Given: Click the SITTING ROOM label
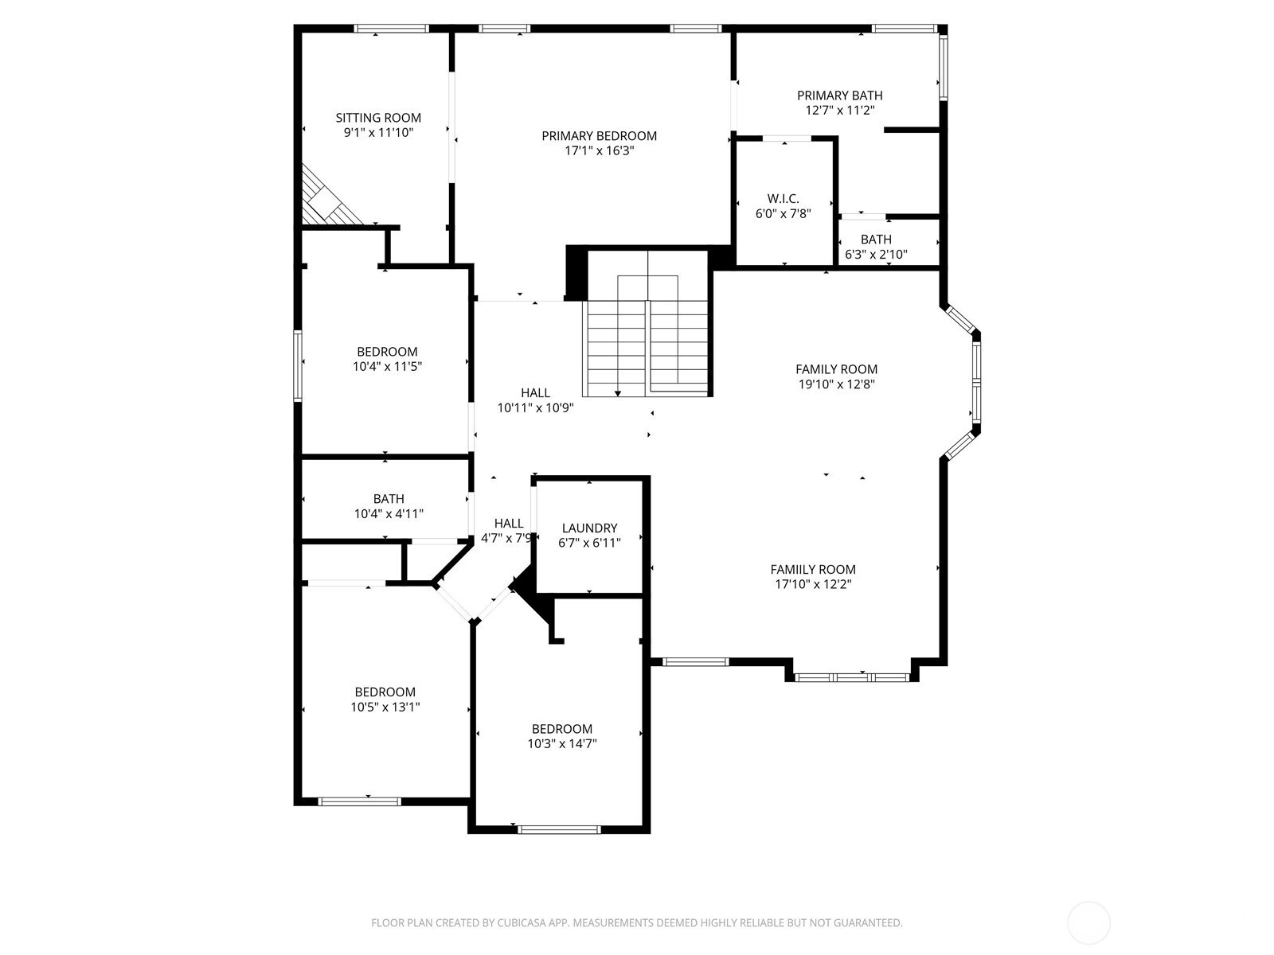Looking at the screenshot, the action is [378, 118].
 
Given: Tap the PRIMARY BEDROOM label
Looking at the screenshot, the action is [599, 136].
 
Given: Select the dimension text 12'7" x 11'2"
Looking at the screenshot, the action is [839, 110].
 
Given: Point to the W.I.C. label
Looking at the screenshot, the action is [783, 199].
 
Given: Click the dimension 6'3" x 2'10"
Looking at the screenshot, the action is [876, 254].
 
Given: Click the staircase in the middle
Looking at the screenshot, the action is [647, 324].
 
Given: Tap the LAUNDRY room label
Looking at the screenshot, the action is [589, 528].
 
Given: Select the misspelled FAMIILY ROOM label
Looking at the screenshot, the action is [813, 569].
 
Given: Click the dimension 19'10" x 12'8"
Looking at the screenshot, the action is [836, 384].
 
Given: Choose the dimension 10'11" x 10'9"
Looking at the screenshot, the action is [535, 407].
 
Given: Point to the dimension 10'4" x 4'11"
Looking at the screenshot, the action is [389, 514].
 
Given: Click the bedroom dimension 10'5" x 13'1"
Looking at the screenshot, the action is [385, 707].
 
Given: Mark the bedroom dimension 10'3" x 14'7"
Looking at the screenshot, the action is [562, 744].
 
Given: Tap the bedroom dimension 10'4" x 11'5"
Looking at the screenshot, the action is [387, 366].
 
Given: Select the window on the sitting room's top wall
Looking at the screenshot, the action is [391, 29].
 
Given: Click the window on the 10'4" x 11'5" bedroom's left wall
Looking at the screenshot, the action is [298, 366].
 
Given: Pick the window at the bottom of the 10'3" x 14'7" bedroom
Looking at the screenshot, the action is [559, 830].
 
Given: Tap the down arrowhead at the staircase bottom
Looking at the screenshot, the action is [618, 394].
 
